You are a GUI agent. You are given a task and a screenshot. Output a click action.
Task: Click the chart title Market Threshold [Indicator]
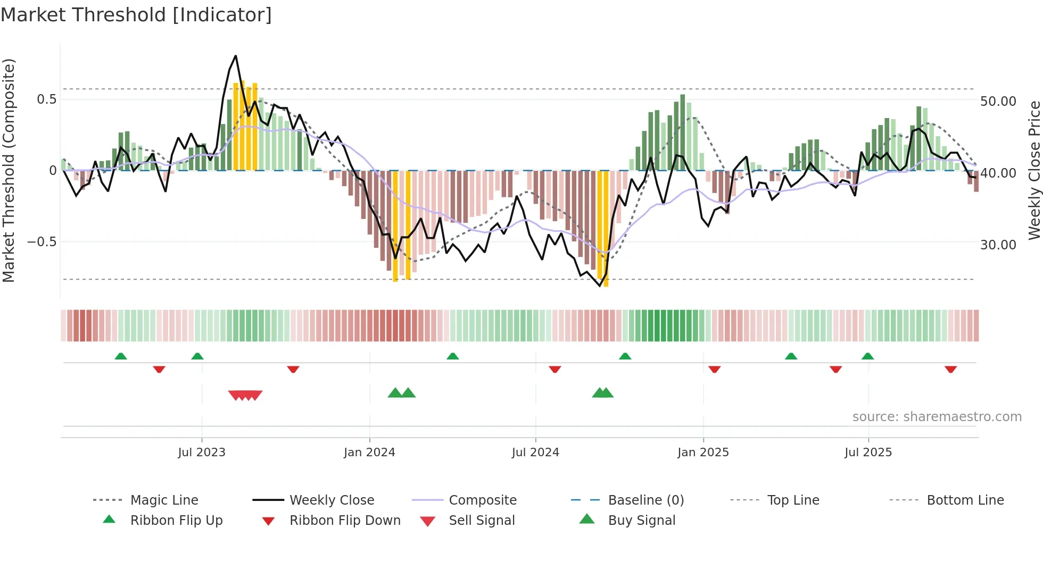(x=136, y=15)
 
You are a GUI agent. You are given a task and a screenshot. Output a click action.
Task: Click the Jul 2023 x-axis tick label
(x=202, y=453)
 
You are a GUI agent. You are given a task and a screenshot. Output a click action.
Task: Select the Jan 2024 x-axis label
(x=369, y=453)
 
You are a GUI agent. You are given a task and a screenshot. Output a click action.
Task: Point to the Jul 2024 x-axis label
(x=535, y=453)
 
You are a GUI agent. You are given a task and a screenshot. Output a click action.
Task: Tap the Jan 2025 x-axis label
(x=703, y=453)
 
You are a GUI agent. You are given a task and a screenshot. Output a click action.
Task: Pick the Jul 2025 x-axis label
(x=868, y=453)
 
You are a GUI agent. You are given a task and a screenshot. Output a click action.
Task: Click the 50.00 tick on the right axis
(x=998, y=102)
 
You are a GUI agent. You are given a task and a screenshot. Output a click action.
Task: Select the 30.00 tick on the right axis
(x=998, y=245)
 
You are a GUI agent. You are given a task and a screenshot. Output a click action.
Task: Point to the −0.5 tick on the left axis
(x=42, y=242)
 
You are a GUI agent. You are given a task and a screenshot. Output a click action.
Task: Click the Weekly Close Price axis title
(x=1034, y=170)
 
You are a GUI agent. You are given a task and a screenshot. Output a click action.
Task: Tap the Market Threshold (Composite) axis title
(x=9, y=170)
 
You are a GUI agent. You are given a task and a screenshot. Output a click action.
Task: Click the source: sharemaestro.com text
(x=937, y=417)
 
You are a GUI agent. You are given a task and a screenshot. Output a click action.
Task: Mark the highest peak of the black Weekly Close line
(x=235, y=56)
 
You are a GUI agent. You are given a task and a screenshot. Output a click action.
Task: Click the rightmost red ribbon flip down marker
(x=950, y=370)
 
